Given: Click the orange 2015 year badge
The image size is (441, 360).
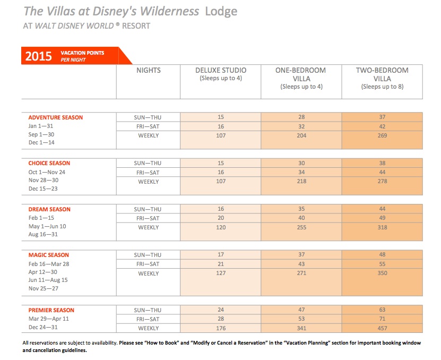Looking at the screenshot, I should pos(39,56).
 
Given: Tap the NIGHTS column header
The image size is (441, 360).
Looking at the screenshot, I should pos(148,70).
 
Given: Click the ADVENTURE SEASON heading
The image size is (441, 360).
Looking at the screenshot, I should pos(56,117).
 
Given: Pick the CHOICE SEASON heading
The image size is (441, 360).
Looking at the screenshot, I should pos(49,163).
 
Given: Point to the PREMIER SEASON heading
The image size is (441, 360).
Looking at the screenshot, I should pos(51,310).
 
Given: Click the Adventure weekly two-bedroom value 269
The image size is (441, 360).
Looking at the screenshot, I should pos(382,136).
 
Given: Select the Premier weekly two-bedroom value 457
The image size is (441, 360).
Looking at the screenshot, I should pos(382,329).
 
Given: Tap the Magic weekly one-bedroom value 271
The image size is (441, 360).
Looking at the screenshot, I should pos(301,273).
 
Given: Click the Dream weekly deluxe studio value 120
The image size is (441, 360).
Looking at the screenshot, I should pos(220,227).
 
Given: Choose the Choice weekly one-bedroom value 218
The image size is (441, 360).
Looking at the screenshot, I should pos(301,182).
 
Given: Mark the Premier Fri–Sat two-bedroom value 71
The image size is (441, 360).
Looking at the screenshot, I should pos(382,319).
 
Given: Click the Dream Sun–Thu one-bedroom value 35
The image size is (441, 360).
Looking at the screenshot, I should pos(301,209).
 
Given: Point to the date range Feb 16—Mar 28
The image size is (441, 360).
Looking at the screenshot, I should pos(48,264).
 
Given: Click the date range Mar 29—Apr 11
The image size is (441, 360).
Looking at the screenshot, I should pos(48,319).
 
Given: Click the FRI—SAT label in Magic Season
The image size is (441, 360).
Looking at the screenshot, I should pos(148,264).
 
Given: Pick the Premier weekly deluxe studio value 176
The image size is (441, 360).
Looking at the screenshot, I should pos(220,329).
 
